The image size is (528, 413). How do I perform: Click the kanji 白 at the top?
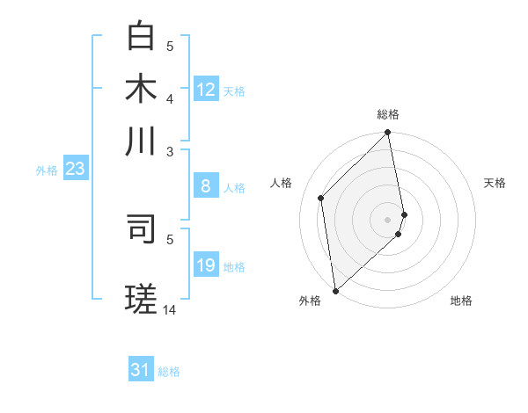[x=141, y=37]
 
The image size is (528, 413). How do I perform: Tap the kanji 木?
[x=141, y=89]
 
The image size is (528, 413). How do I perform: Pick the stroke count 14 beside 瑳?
[x=170, y=309]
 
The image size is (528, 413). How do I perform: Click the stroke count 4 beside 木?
[x=170, y=98]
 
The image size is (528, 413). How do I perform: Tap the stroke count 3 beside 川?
[x=170, y=151]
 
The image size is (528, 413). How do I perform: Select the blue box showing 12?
[x=206, y=90]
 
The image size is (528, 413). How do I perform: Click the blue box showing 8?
[x=206, y=186]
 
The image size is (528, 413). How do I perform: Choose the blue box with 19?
[x=206, y=265]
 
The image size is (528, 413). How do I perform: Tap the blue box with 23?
[x=74, y=170]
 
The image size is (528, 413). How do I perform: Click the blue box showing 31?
[x=141, y=370]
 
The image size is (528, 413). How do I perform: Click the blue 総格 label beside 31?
[x=169, y=372]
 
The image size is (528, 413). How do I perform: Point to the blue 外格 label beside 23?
[x=47, y=171]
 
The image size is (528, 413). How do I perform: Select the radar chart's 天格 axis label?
[x=495, y=183]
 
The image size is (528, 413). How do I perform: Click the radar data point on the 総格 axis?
[x=388, y=134]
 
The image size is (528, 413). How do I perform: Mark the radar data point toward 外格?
[x=335, y=291]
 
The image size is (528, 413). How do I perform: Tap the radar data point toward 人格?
[x=321, y=198]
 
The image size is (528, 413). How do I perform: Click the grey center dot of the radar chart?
[x=388, y=219]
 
